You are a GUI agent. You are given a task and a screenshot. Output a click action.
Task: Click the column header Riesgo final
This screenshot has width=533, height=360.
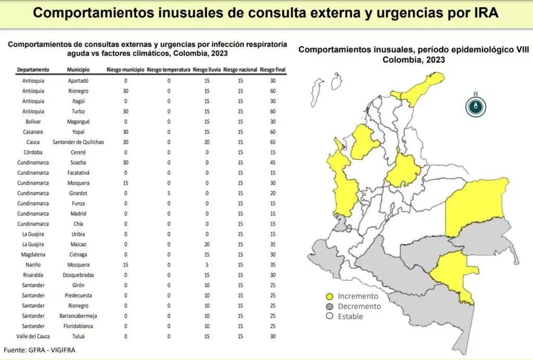point(272,70)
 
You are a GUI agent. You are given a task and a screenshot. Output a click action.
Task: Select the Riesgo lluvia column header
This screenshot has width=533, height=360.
point(207,70)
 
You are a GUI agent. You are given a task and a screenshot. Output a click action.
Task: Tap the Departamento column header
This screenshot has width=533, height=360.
point(33,70)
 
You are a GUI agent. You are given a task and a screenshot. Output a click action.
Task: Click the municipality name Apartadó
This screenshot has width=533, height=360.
point(79,81)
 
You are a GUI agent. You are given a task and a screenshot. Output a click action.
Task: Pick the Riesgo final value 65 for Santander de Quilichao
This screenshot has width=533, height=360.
point(273,142)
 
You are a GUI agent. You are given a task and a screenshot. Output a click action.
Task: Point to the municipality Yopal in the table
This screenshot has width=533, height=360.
point(79,132)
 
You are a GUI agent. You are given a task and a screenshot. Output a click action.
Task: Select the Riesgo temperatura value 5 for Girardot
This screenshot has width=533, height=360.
point(169,193)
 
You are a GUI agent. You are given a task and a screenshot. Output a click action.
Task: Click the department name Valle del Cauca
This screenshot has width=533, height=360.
point(33,337)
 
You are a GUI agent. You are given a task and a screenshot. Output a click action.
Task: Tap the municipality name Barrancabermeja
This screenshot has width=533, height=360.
point(79,316)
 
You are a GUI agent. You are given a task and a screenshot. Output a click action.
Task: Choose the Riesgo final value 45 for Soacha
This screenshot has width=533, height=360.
point(273,162)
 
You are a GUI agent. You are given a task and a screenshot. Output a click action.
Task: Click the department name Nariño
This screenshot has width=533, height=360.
point(33,265)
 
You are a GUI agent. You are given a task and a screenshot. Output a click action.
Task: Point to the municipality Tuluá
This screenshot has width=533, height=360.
point(79,337)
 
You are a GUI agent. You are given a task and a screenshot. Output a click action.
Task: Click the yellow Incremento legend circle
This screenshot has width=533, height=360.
point(329,297)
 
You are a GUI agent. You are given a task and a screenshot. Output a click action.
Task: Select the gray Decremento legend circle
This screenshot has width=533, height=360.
point(329,306)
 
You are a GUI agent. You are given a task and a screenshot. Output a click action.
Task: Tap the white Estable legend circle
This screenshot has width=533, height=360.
point(329,316)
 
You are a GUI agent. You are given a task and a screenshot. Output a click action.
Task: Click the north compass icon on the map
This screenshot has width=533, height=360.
point(475,106)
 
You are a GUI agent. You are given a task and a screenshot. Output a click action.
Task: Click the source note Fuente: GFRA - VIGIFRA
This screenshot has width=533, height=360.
point(40,350)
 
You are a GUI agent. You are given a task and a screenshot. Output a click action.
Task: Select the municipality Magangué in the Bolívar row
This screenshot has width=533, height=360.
point(79,121)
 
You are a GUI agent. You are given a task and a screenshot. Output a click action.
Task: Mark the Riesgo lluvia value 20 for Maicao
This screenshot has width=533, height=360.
point(207,244)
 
